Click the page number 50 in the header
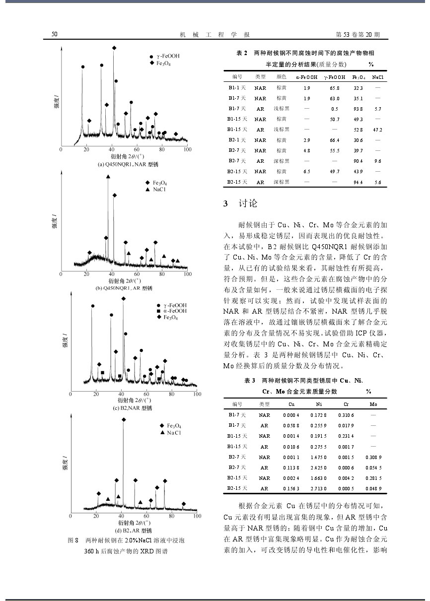click(55, 35)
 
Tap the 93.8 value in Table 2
click(358, 109)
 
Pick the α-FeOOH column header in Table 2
click(306, 77)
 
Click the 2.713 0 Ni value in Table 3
click(318, 488)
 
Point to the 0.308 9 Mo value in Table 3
click(373, 457)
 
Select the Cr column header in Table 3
click(346, 404)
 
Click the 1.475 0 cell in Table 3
click(318, 457)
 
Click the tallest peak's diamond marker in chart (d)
click(124, 419)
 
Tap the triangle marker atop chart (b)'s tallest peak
click(108, 177)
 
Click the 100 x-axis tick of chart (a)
click(187, 149)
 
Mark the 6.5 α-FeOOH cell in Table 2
click(306, 171)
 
